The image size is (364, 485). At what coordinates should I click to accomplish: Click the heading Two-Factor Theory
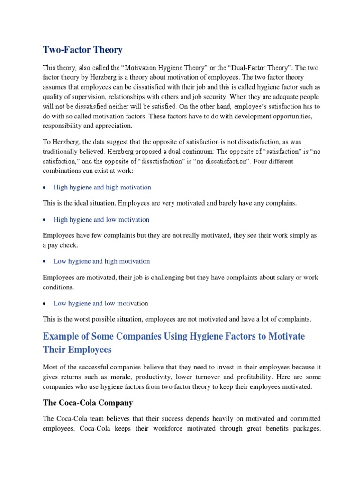click(82, 50)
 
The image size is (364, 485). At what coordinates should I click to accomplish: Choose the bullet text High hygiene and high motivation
click(102, 187)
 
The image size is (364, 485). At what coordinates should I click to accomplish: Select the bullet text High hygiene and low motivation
click(101, 219)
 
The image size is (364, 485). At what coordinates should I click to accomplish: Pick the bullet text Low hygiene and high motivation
click(101, 261)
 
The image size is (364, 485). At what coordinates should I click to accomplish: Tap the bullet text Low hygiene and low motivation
click(100, 303)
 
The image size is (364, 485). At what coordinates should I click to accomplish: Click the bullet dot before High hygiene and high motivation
click(45, 188)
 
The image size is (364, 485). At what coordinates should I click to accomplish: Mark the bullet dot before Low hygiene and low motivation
click(45, 304)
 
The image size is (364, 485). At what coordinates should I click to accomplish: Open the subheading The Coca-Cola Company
click(88, 403)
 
